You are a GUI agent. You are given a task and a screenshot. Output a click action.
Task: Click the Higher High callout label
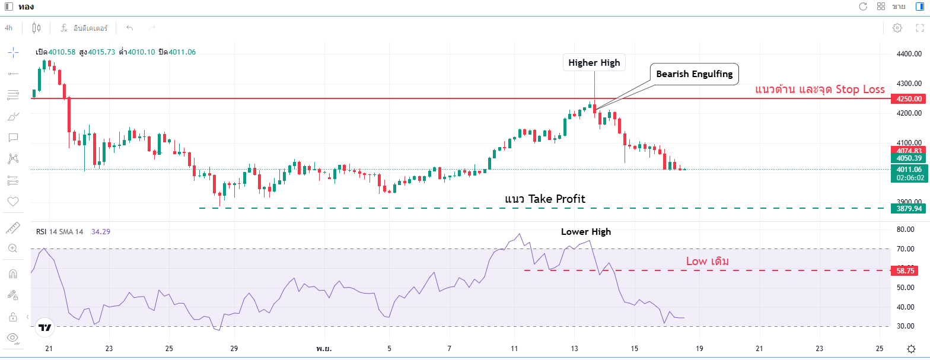pos(594,62)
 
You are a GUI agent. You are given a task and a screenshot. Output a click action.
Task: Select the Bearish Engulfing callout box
pos(694,74)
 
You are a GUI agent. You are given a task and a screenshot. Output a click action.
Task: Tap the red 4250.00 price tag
pos(909,98)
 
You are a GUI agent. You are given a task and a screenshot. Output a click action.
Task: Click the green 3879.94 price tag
pos(909,208)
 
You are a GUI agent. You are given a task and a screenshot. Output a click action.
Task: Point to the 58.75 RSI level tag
pos(905,270)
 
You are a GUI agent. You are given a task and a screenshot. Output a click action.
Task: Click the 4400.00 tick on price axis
pos(908,54)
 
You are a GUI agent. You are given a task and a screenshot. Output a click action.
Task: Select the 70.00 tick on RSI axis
pos(904,249)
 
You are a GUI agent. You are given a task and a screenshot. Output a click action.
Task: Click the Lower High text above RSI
pos(585,232)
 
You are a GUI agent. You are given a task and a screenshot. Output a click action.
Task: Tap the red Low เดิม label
pos(707,261)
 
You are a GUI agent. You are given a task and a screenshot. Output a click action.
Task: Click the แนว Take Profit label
pos(544,199)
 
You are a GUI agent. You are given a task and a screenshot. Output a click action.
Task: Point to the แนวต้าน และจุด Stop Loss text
pos(820,90)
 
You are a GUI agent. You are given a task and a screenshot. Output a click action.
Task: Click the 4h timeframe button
pos(9,27)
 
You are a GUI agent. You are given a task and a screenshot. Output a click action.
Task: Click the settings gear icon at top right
pos(897,28)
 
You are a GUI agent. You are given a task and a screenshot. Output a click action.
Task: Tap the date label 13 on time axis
pos(574,349)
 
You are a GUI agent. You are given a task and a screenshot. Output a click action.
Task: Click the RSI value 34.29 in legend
pos(100,232)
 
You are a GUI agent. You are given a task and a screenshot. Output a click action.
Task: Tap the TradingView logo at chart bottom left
pos(44,327)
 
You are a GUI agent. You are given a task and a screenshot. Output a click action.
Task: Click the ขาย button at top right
pos(899,7)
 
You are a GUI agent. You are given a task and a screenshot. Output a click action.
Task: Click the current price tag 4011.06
pos(909,169)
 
